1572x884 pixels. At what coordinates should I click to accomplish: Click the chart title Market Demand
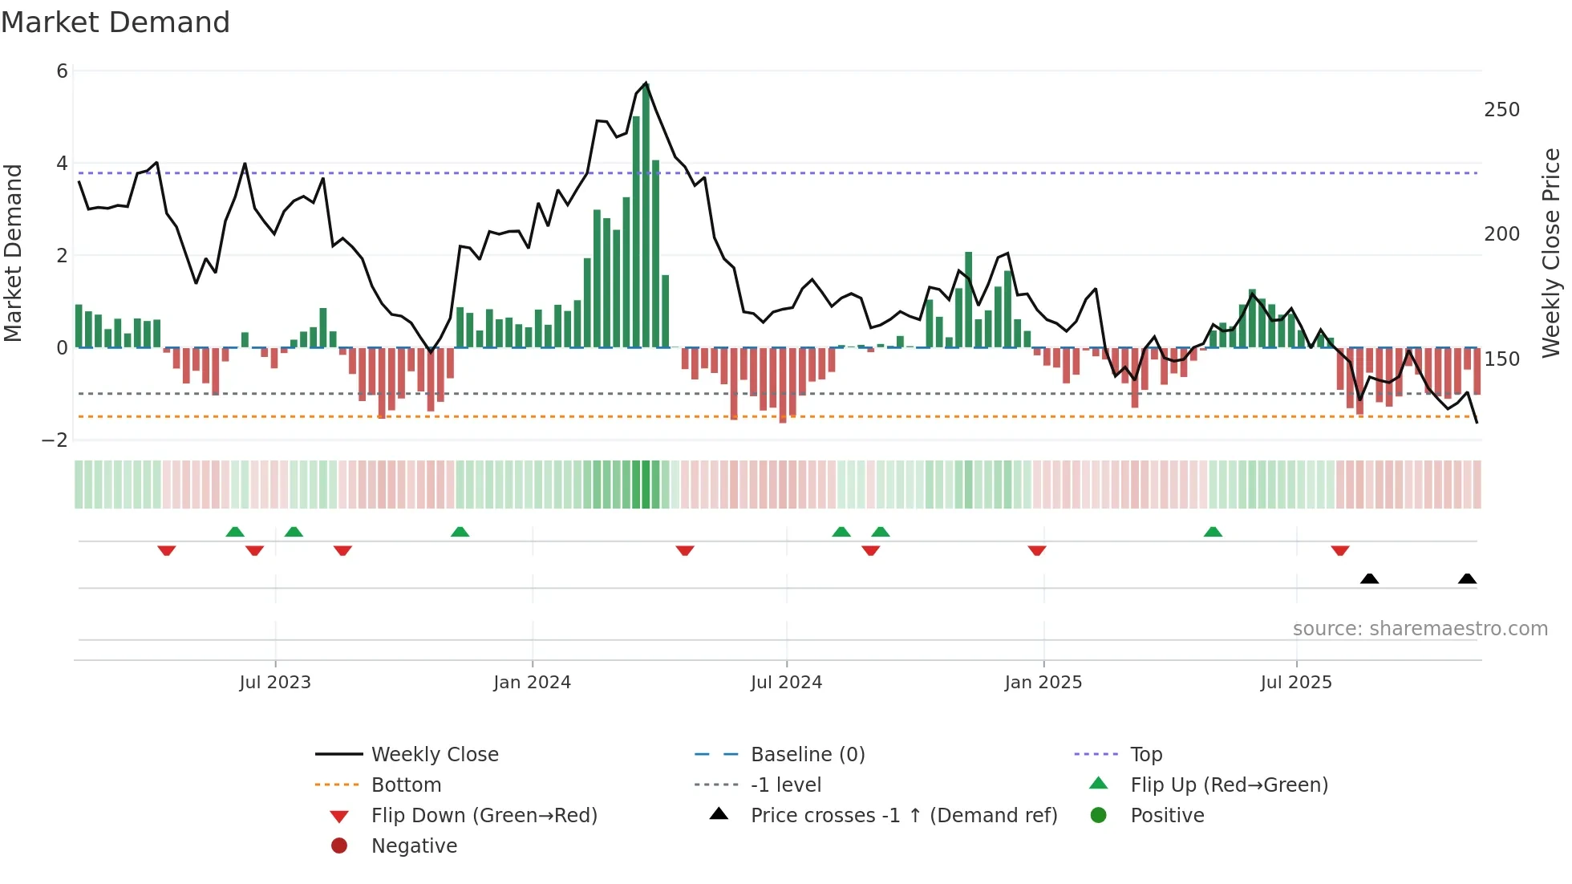pyautogui.click(x=115, y=22)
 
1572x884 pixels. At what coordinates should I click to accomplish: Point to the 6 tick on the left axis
pyautogui.click(x=62, y=71)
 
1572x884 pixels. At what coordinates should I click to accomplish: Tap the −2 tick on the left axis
pyautogui.click(x=55, y=440)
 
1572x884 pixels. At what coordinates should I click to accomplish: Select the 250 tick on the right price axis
pyautogui.click(x=1501, y=110)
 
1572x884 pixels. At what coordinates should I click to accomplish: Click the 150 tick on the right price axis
pyautogui.click(x=1501, y=359)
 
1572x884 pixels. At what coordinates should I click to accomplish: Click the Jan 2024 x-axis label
pyautogui.click(x=532, y=683)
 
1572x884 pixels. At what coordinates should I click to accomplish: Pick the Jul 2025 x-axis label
pyautogui.click(x=1295, y=683)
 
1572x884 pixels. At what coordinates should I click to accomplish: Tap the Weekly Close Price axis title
pyautogui.click(x=1551, y=253)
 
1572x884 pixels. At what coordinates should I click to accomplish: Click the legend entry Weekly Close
pyautogui.click(x=434, y=755)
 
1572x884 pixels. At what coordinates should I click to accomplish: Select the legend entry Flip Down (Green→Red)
pyautogui.click(x=484, y=816)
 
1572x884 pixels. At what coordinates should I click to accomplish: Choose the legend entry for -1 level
pyautogui.click(x=785, y=785)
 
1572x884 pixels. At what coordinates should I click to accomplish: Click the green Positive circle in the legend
pyautogui.click(x=1099, y=816)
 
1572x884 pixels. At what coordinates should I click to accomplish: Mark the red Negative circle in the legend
pyautogui.click(x=339, y=846)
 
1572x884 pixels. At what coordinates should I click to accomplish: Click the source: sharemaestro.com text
pyautogui.click(x=1420, y=629)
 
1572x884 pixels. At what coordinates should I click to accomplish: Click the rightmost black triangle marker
pyautogui.click(x=1467, y=579)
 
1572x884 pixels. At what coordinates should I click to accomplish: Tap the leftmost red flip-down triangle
pyautogui.click(x=167, y=550)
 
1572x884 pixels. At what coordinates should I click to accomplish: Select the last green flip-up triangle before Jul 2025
pyautogui.click(x=1213, y=532)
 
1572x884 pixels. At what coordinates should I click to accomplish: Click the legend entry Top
pyautogui.click(x=1145, y=755)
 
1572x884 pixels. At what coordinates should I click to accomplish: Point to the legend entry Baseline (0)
pyautogui.click(x=807, y=755)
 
